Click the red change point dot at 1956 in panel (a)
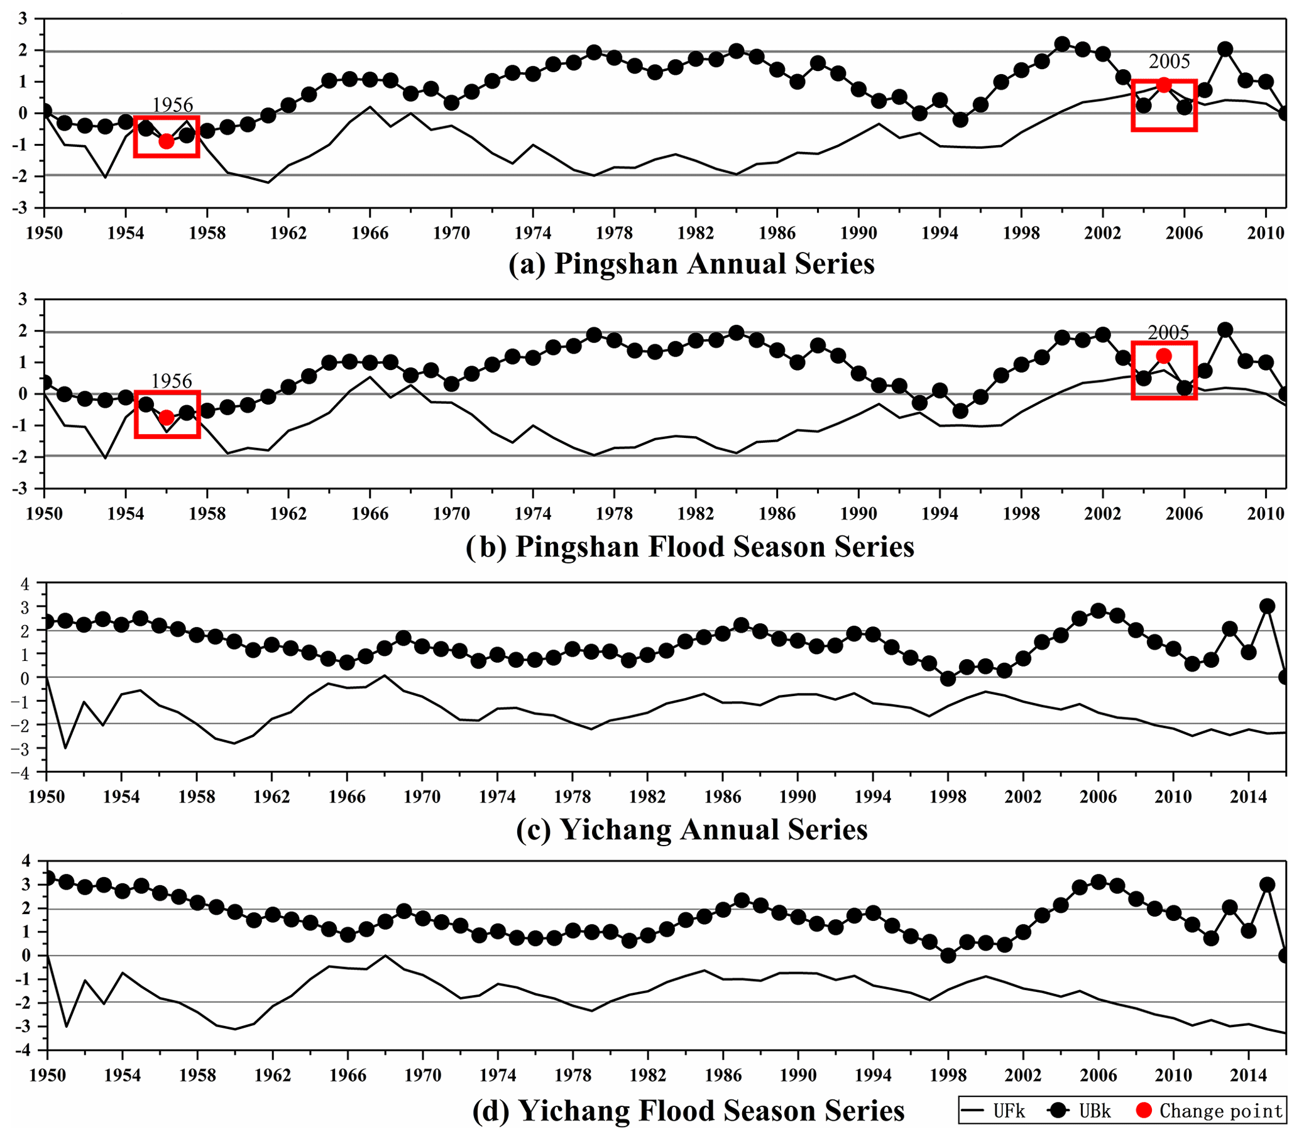(166, 141)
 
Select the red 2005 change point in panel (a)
(1164, 85)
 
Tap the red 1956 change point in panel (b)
(166, 417)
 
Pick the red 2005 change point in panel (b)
(1164, 356)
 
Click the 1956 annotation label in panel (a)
(172, 105)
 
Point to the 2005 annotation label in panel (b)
(1168, 332)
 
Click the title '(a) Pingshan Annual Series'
(691, 264)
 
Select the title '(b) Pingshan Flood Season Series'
(689, 547)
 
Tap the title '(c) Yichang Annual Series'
(691, 830)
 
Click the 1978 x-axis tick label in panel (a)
(614, 233)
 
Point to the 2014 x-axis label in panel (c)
(1248, 797)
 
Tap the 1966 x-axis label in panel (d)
(348, 1075)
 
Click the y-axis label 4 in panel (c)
(25, 584)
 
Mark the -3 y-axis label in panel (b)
(22, 489)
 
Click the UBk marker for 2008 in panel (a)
(1225, 50)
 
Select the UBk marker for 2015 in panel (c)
(1267, 606)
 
